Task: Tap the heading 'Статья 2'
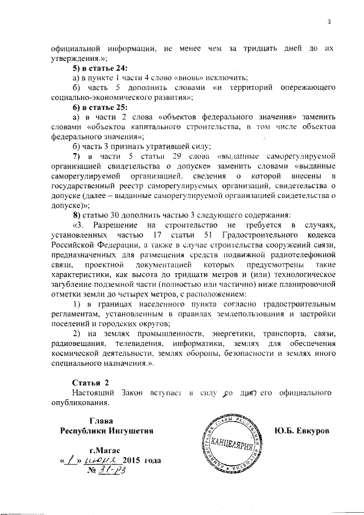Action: click(90, 382)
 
